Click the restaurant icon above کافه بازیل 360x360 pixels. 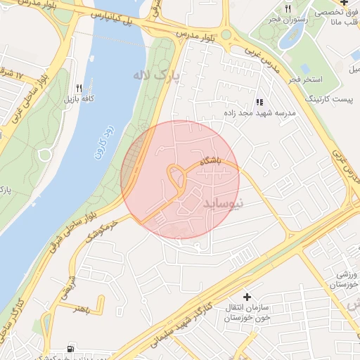point(79,89)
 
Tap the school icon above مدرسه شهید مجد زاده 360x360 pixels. point(260,102)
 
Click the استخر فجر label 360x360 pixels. point(304,80)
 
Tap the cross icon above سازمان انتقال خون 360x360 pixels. point(246,298)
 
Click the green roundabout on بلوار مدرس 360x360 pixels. point(226,34)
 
